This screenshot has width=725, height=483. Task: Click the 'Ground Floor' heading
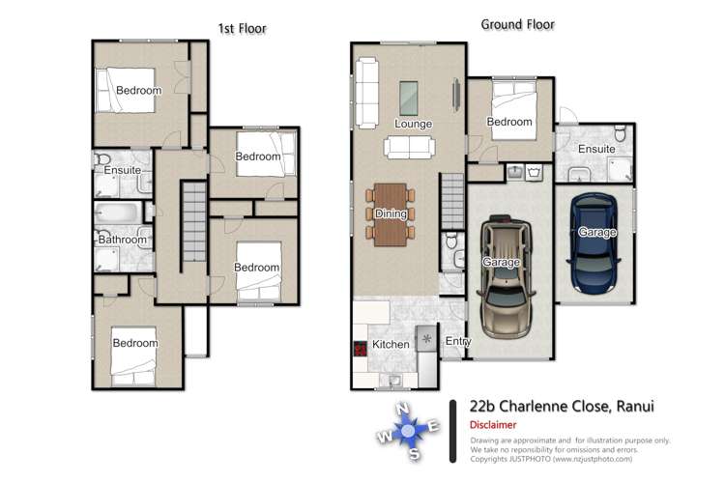pyautogui.click(x=517, y=24)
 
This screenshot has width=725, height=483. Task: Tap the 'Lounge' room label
pyautogui.click(x=413, y=125)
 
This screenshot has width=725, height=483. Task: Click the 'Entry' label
pyautogui.click(x=456, y=341)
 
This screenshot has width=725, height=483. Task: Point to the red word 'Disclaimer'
pyautogui.click(x=493, y=424)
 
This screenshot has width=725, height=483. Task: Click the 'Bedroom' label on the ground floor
pyautogui.click(x=509, y=122)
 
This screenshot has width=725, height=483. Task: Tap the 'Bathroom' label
pyautogui.click(x=122, y=240)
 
